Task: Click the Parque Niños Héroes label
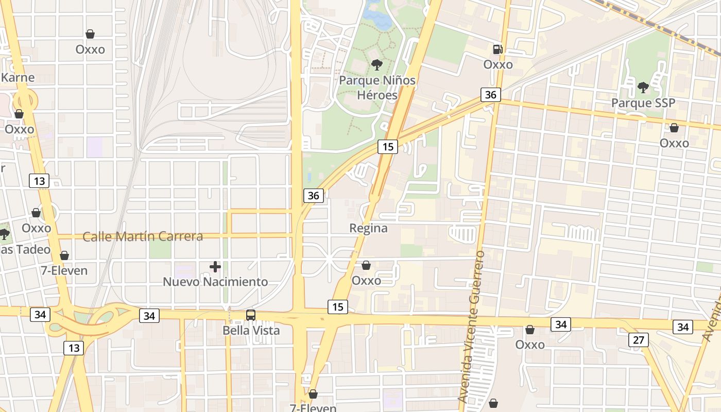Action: point(377,88)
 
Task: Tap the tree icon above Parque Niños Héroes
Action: point(377,65)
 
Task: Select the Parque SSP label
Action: point(643,103)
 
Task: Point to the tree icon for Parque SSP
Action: point(643,88)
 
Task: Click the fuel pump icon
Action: point(498,49)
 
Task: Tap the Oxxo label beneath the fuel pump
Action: point(498,64)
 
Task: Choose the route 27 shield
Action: point(638,340)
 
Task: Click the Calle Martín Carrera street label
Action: point(143,236)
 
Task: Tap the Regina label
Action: point(368,228)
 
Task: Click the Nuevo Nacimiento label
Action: point(215,282)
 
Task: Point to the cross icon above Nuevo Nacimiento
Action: point(215,267)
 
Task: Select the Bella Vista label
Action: point(251,330)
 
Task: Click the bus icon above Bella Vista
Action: point(251,315)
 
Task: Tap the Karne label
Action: point(18,78)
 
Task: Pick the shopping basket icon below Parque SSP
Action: point(674,128)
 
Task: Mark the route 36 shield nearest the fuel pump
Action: point(490,95)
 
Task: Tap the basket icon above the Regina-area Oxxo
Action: point(366,266)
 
